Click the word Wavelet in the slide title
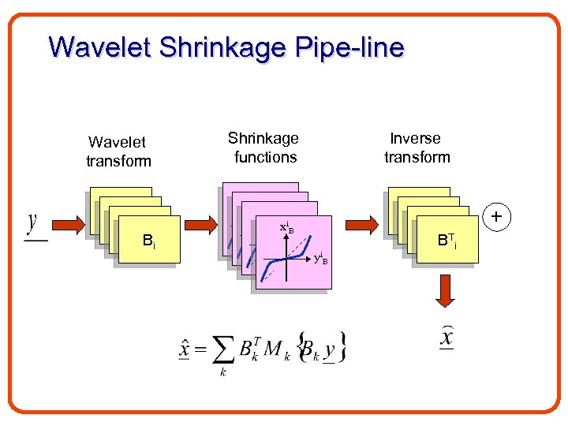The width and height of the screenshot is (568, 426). pyautogui.click(x=99, y=47)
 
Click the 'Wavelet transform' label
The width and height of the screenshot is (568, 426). pyautogui.click(x=118, y=151)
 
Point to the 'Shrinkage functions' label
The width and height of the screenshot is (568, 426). pyautogui.click(x=264, y=148)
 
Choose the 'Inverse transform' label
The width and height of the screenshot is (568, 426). pyautogui.click(x=417, y=148)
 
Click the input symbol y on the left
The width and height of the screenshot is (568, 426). pyautogui.click(x=34, y=222)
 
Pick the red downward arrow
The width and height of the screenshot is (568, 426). pyautogui.click(x=445, y=290)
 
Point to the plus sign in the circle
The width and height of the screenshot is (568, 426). pyautogui.click(x=496, y=215)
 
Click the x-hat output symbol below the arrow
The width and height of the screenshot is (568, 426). pyautogui.click(x=446, y=339)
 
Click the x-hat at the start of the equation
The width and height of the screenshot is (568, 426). pyautogui.click(x=185, y=346)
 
